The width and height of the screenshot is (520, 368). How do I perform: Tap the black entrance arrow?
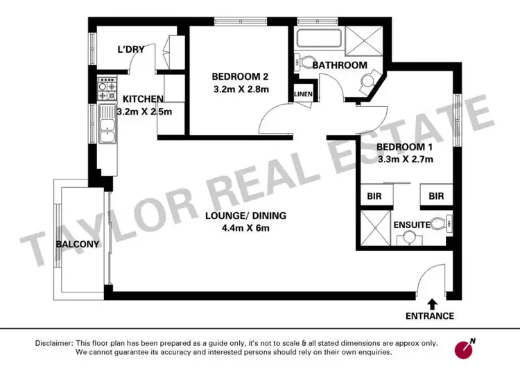click(432, 303)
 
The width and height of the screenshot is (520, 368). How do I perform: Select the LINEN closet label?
click(303, 94)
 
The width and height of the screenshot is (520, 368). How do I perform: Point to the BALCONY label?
click(78, 243)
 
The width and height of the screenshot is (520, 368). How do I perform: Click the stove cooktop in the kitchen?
click(107, 88)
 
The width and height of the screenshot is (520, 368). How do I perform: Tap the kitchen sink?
click(107, 126)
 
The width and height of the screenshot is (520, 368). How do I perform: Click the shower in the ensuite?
click(375, 227)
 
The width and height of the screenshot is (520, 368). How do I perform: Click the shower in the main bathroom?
click(365, 39)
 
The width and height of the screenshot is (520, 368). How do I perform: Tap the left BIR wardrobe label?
click(374, 197)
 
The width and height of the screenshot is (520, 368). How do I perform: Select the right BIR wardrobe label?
click(435, 197)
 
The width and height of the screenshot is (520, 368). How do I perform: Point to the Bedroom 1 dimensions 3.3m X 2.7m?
click(404, 160)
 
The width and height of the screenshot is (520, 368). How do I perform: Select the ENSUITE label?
click(412, 225)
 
